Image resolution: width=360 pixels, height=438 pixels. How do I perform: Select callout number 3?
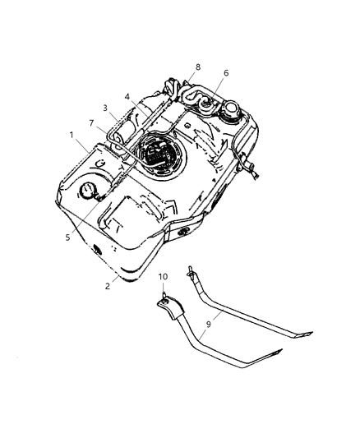[x=105, y=108]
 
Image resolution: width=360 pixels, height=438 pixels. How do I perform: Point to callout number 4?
[x=128, y=96]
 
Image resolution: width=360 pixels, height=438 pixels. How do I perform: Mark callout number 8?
[x=197, y=67]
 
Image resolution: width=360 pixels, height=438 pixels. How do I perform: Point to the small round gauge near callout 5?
[x=88, y=192]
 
